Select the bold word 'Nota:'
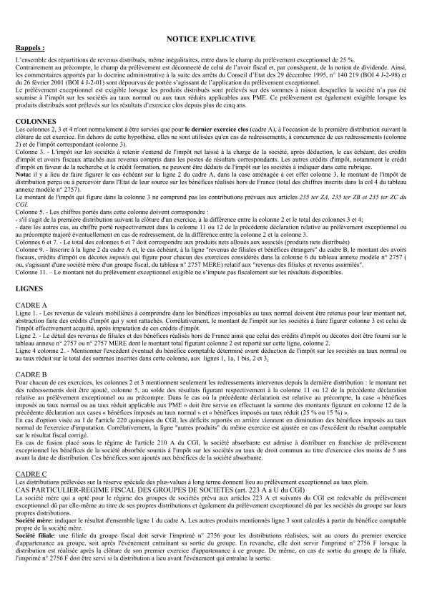tap(24, 174)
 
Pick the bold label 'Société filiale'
tap(35, 536)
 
